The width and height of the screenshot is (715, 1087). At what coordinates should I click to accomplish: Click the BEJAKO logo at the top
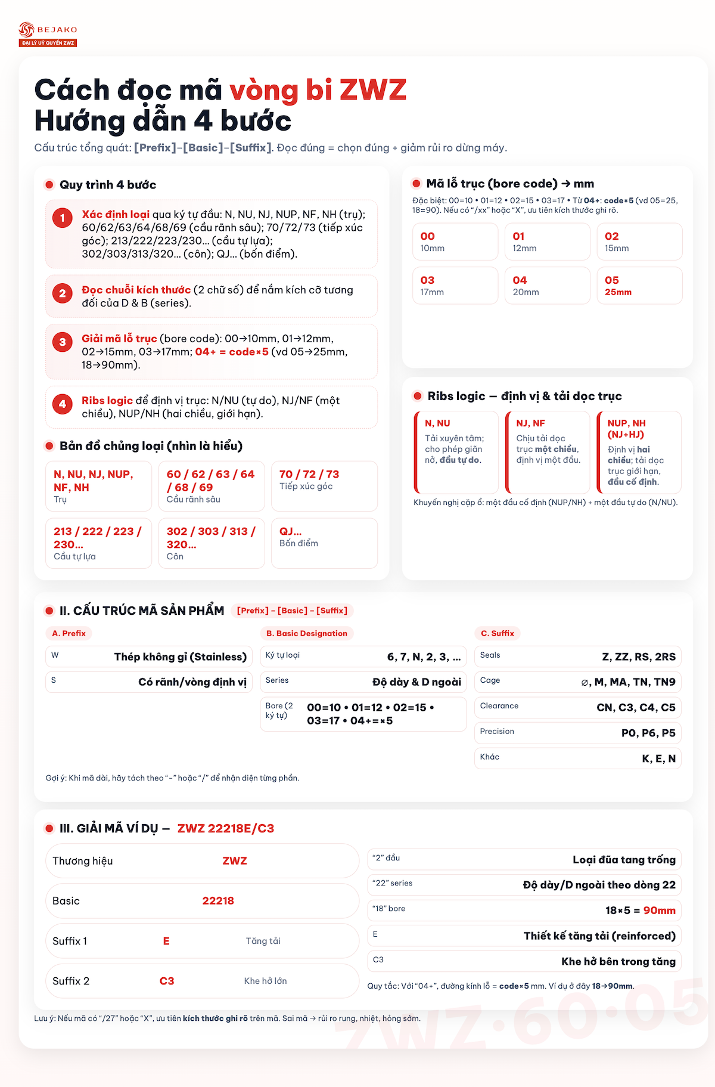[48, 34]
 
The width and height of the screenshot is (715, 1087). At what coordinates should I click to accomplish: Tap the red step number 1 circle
[63, 218]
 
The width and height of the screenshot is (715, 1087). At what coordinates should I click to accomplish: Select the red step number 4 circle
[63, 404]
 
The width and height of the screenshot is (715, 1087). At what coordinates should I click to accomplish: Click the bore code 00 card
[455, 241]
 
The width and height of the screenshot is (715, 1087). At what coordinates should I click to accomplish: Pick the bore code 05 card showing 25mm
[639, 286]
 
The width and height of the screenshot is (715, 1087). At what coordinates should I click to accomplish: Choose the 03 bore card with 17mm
[455, 286]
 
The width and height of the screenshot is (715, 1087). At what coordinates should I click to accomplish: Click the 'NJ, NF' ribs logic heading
[530, 423]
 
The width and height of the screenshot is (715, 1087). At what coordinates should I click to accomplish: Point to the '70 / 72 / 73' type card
[324, 485]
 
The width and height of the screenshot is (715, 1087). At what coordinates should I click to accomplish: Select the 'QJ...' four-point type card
[324, 543]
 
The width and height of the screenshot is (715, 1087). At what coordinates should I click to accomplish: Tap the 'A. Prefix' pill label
[69, 633]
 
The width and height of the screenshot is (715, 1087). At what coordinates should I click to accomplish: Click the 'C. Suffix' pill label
[498, 633]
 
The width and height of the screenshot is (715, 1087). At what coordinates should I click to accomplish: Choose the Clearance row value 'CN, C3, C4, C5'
[636, 708]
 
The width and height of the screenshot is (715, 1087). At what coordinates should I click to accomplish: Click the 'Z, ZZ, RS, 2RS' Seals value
[639, 656]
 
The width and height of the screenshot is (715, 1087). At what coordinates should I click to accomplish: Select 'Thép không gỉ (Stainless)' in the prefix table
[180, 656]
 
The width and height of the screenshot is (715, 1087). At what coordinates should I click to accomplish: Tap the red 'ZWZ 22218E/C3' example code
[226, 828]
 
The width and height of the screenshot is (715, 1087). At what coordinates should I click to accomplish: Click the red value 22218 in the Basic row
[218, 900]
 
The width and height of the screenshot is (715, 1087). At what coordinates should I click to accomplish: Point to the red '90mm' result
[659, 911]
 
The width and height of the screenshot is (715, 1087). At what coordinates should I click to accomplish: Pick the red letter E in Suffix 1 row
[166, 941]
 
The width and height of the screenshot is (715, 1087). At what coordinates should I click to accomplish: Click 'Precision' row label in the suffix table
[497, 732]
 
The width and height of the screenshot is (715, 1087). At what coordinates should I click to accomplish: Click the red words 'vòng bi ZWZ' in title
[318, 90]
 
